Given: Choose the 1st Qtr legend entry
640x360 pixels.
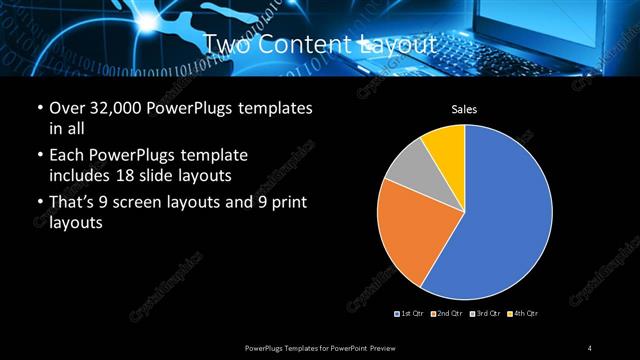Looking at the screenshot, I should click(x=410, y=314).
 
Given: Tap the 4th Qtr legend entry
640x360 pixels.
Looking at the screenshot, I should click(x=522, y=314).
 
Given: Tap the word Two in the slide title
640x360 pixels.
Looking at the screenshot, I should click(x=225, y=45).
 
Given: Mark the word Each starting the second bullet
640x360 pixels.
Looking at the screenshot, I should click(x=67, y=156).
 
